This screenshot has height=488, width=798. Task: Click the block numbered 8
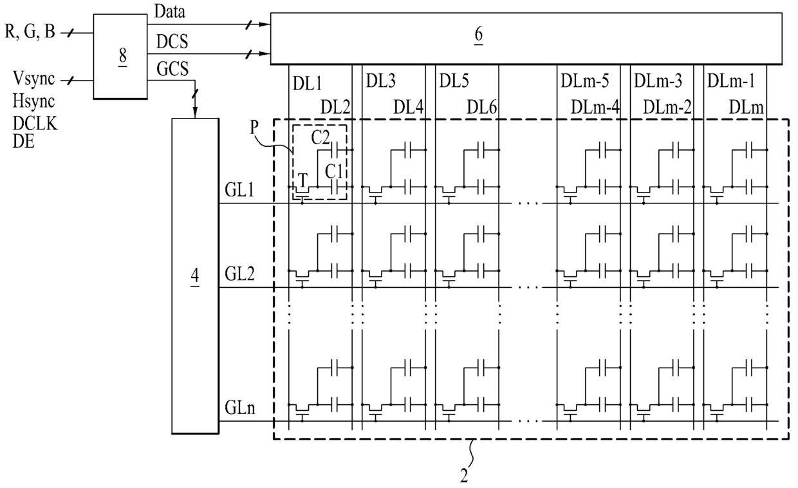coord(120,56)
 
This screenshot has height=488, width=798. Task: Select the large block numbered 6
coord(526,39)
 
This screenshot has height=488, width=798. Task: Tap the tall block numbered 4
coord(195,276)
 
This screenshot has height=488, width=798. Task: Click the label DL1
coord(307,84)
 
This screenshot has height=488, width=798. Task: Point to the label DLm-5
coord(584,81)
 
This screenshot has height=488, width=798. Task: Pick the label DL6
coord(481,107)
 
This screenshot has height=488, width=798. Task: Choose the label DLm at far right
coord(746,107)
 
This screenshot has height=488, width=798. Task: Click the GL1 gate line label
coord(239,190)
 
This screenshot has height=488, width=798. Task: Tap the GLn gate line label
coord(240,408)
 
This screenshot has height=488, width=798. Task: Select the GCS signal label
coord(172,68)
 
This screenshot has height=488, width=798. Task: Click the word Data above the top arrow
coord(170,12)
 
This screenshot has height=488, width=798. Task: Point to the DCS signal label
coord(172,41)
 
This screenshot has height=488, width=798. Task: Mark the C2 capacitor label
coord(320,137)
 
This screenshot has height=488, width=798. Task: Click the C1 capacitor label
coord(333,172)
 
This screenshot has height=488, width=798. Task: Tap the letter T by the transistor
coord(302,180)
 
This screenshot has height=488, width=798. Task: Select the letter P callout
coord(254,127)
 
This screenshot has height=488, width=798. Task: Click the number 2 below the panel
coord(464,476)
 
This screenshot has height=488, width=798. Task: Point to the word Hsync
coord(34,101)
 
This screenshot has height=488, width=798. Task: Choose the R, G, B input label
coord(30,32)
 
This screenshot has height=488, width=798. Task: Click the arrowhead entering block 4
coord(195,113)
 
